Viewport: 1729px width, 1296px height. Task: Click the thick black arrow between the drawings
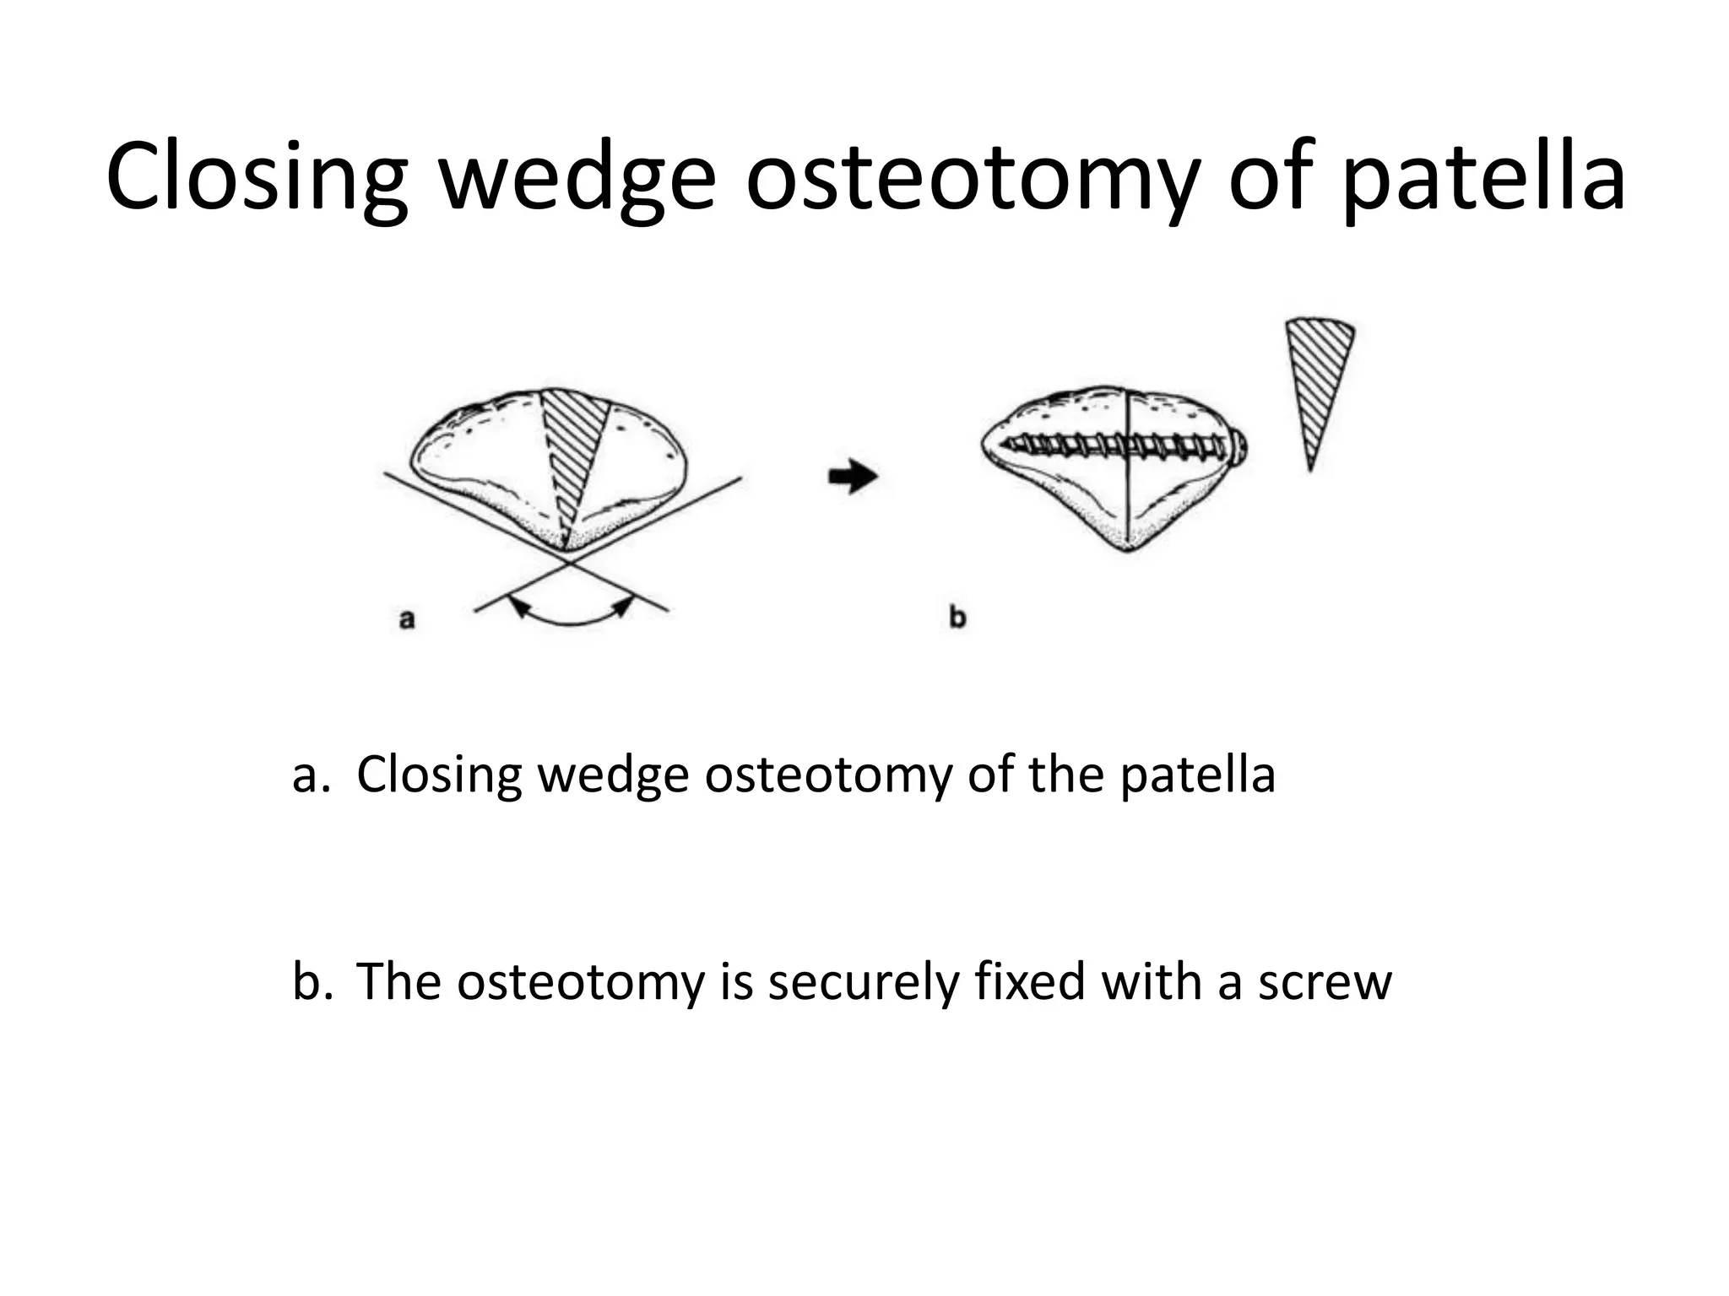coord(853,477)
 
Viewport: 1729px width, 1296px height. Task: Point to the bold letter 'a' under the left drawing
coord(406,620)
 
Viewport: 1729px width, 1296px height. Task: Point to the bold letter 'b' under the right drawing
coord(957,618)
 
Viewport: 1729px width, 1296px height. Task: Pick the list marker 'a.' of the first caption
coord(310,775)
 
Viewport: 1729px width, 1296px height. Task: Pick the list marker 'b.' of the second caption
coord(310,983)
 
